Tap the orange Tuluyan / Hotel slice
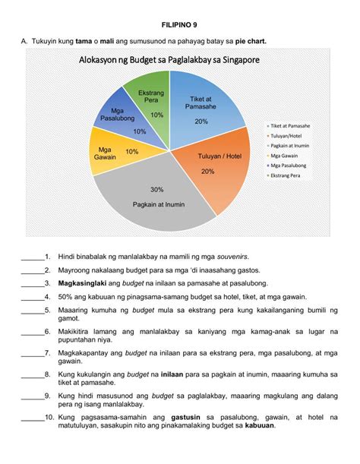(x=213, y=171)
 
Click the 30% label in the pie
(x=157, y=189)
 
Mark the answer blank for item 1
(x=32, y=257)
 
